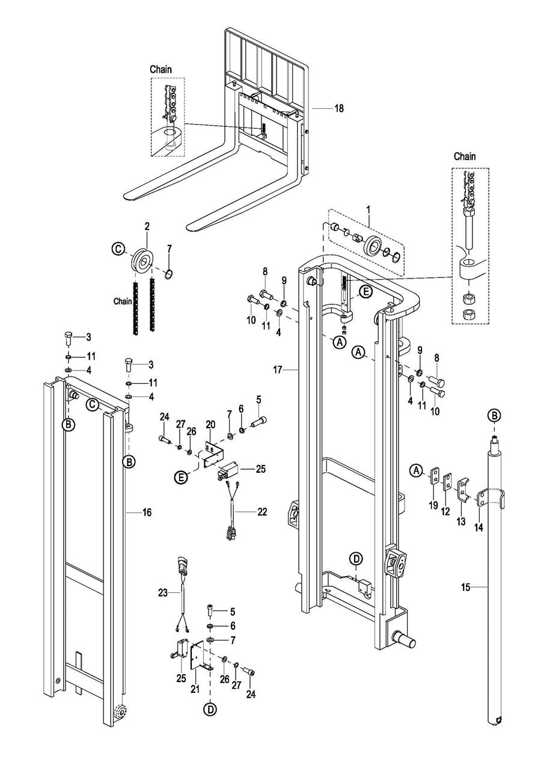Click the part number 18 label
[339, 108]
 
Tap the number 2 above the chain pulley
[147, 227]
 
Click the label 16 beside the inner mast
[147, 512]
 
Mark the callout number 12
[445, 511]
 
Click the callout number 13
[461, 521]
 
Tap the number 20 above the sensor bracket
[210, 425]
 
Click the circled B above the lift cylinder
[494, 415]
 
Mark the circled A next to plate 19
[415, 469]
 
